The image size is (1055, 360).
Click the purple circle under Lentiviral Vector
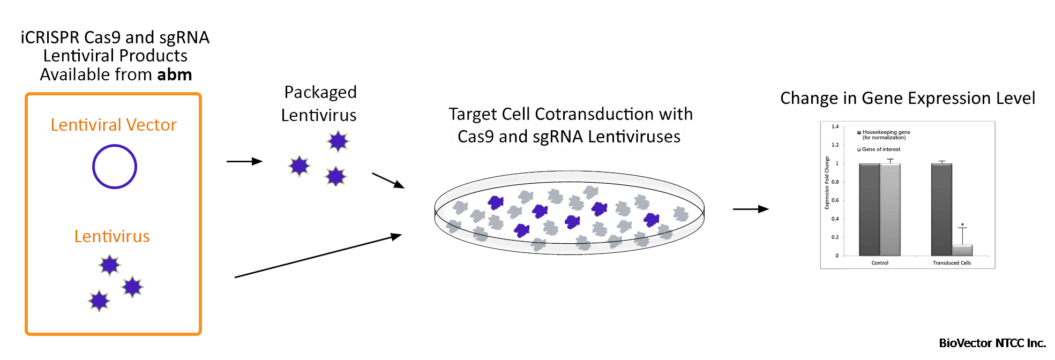pyautogui.click(x=114, y=167)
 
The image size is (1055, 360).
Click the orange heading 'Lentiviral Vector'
pyautogui.click(x=114, y=125)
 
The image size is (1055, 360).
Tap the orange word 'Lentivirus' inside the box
pyautogui.click(x=112, y=236)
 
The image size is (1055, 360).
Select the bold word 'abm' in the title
pyautogui.click(x=175, y=74)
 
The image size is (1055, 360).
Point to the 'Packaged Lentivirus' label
pyautogui.click(x=319, y=103)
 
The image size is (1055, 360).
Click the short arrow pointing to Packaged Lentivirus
pyautogui.click(x=244, y=161)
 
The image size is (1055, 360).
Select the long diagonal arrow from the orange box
pyautogui.click(x=318, y=257)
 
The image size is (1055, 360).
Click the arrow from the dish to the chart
pyautogui.click(x=751, y=209)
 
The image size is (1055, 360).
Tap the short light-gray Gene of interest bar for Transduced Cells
pyautogui.click(x=962, y=250)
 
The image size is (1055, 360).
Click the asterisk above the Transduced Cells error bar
pyautogui.click(x=962, y=225)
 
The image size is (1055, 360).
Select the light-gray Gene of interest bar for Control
pyautogui.click(x=890, y=209)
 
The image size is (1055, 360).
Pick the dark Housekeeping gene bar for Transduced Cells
pyautogui.click(x=941, y=209)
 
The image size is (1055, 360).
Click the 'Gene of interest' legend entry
pyautogui.click(x=881, y=149)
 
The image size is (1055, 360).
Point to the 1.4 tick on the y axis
pyautogui.click(x=835, y=126)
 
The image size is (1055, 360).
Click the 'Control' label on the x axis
pyautogui.click(x=880, y=263)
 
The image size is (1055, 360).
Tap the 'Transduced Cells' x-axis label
pyautogui.click(x=952, y=263)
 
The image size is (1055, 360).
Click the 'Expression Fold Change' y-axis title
pyautogui.click(x=827, y=183)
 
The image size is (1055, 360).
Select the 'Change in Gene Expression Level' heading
pyautogui.click(x=907, y=99)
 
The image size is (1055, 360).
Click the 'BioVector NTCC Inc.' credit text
pyautogui.click(x=992, y=343)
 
